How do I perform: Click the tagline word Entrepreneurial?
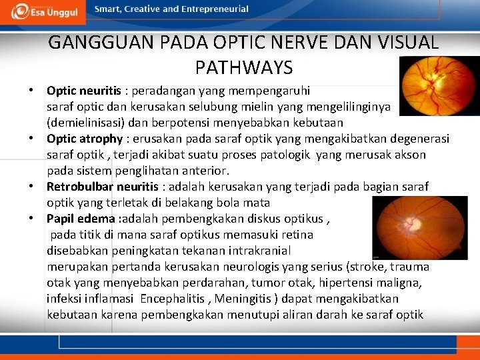(x=216, y=9)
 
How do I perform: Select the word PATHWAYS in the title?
(x=244, y=67)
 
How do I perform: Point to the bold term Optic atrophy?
(x=85, y=139)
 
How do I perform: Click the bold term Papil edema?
(x=81, y=218)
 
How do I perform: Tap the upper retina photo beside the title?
(x=439, y=87)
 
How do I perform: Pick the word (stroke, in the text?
(x=363, y=267)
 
